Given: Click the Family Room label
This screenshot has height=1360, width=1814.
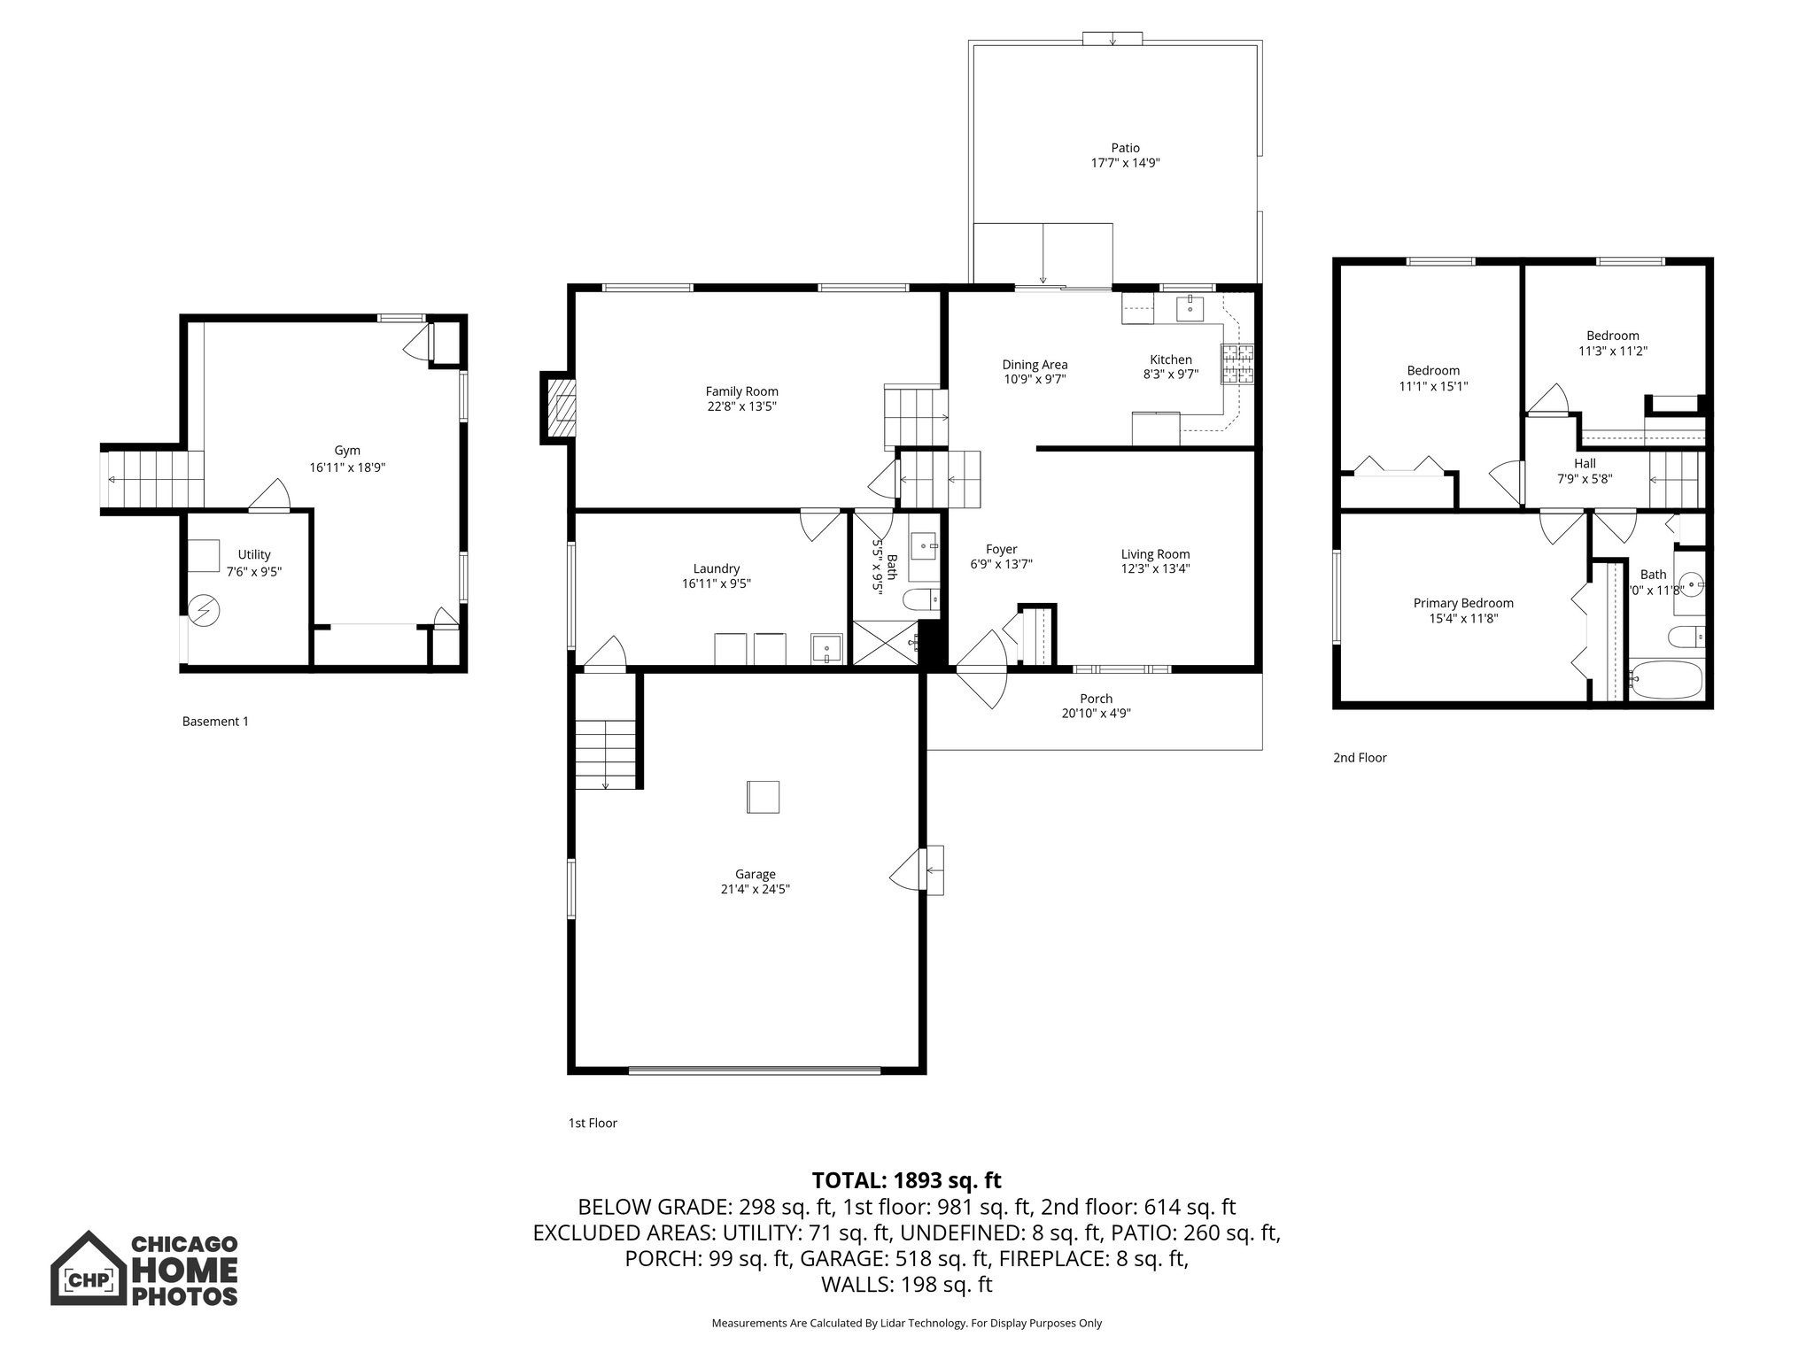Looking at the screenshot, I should (x=741, y=391).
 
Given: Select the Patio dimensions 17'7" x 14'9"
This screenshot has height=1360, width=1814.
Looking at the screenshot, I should (x=1125, y=163).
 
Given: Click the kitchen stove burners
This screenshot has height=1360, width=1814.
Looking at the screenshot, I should (x=1238, y=364).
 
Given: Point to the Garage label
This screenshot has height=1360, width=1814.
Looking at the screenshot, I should (x=755, y=874).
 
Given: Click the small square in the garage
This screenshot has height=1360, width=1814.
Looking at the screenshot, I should (x=763, y=797).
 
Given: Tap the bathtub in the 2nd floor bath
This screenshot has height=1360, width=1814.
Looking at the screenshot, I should (x=1666, y=681).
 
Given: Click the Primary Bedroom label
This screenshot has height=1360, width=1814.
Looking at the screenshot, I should (x=1462, y=603).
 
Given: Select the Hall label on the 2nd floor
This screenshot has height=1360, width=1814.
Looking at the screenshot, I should (x=1585, y=463).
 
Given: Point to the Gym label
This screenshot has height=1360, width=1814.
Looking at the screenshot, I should (x=347, y=451).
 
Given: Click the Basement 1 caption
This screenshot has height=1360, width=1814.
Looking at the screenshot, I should (x=215, y=722).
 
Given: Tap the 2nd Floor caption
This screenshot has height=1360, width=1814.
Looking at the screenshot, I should (x=1360, y=757).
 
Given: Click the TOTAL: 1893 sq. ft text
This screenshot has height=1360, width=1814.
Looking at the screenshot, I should (x=906, y=1180).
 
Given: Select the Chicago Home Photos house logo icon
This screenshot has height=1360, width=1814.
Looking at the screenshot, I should (x=87, y=1268).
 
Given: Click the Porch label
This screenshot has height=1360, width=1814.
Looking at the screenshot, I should (x=1096, y=699).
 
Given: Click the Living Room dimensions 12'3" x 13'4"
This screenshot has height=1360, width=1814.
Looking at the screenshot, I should (x=1155, y=569).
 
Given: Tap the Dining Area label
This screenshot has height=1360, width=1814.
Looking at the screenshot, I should (x=1035, y=364).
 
